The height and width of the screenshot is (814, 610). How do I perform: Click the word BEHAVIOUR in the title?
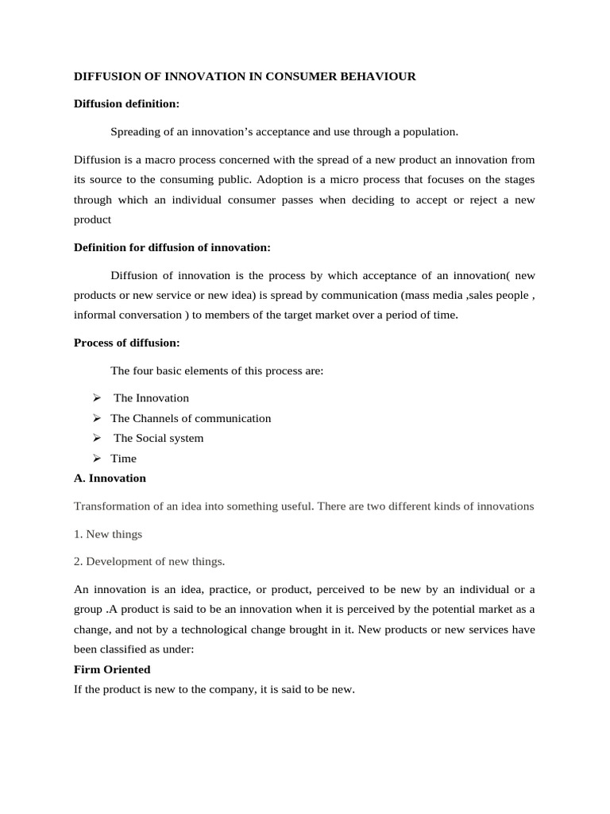[376, 76]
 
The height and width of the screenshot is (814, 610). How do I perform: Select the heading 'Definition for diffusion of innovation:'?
[172, 247]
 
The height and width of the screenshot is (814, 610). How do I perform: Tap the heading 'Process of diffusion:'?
[126, 343]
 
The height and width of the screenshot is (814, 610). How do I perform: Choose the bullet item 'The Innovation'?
[151, 397]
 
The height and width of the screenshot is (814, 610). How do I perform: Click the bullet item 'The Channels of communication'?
[191, 418]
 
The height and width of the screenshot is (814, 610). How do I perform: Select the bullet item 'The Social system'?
[158, 438]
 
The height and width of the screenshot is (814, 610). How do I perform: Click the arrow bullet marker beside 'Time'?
[96, 459]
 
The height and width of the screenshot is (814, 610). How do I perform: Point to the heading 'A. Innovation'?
[110, 479]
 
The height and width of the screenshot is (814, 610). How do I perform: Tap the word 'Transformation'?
[112, 506]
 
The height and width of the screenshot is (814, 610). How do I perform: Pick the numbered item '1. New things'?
[107, 534]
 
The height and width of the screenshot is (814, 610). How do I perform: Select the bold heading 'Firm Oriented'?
[112, 670]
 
